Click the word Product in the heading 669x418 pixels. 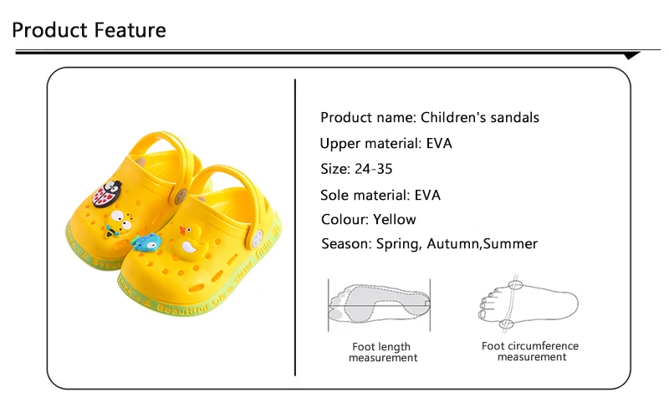pyautogui.click(x=49, y=31)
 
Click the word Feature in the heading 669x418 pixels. pyautogui.click(x=129, y=31)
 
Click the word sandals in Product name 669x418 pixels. pyautogui.click(x=513, y=117)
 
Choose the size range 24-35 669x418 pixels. pyautogui.click(x=372, y=169)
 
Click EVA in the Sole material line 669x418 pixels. pyautogui.click(x=426, y=196)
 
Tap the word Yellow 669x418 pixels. pyautogui.click(x=395, y=219)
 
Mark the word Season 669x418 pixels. pyautogui.click(x=345, y=244)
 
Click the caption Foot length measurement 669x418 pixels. pyautogui.click(x=383, y=352)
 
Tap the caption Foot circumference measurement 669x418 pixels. pyautogui.click(x=530, y=351)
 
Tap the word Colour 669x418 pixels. pyautogui.click(x=343, y=219)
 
